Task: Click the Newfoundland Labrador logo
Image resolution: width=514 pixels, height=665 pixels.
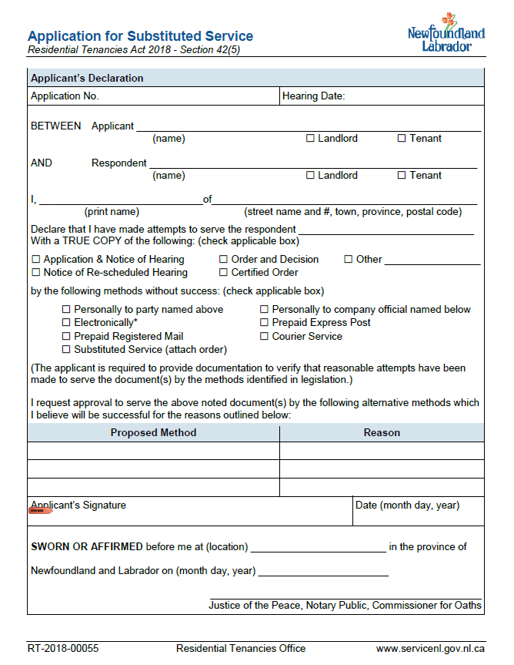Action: pos(446,33)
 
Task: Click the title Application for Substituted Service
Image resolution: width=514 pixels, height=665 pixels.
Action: pos(140,36)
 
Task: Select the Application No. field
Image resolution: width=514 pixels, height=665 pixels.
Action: pos(154,96)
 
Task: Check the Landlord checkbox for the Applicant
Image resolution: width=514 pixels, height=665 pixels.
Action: pos(311,139)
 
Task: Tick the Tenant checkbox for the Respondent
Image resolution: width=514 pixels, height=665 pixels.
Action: pos(402,176)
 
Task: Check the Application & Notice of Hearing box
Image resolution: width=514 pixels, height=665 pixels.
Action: pos(36,260)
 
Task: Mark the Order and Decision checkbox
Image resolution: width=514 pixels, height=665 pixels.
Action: pos(224,260)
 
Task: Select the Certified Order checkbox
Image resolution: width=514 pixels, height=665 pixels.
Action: pos(224,273)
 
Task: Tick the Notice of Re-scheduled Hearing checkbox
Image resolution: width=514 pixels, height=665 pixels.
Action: pos(36,273)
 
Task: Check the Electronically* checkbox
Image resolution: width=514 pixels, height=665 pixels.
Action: pos(67,323)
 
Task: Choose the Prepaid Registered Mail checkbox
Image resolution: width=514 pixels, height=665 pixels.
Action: pos(67,337)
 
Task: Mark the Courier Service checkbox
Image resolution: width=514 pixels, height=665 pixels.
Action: pos(265,337)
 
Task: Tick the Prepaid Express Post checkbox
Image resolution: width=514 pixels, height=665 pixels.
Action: pos(265,323)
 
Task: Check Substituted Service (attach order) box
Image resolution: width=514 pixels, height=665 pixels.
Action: pos(67,350)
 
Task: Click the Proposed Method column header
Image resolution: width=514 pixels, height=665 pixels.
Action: pos(153,432)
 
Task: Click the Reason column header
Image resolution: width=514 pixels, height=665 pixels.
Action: pos(382,432)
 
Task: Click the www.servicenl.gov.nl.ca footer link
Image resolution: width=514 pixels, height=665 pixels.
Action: pos(430,649)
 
